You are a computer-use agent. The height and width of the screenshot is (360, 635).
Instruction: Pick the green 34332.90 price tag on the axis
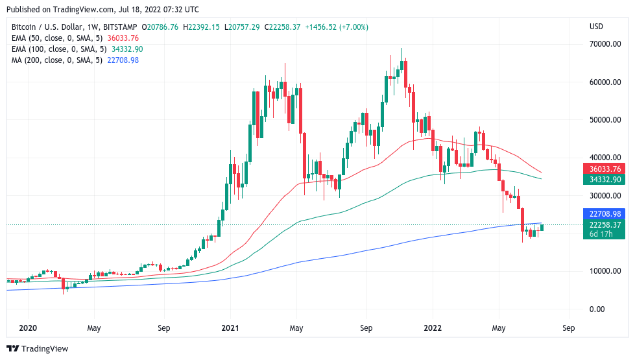[x=605, y=179]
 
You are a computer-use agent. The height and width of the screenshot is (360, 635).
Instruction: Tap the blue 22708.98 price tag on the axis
[x=605, y=213]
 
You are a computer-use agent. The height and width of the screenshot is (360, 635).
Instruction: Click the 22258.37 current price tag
[x=605, y=224]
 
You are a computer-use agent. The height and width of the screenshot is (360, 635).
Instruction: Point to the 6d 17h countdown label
[x=601, y=234]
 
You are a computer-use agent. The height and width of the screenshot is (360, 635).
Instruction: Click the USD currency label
[x=596, y=27]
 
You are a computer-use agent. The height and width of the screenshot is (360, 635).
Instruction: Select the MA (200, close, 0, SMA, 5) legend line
[x=54, y=60]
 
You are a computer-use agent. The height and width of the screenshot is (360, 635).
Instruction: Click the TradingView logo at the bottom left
[x=37, y=348]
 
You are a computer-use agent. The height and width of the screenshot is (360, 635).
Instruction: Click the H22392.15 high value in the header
[x=206, y=27]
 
